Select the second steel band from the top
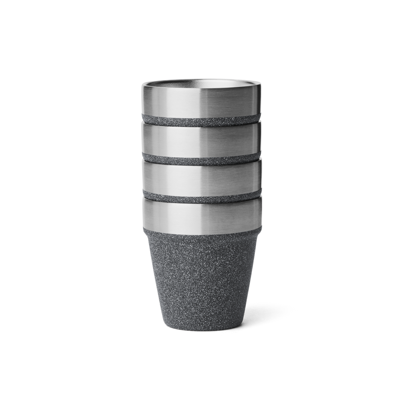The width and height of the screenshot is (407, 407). tap(202, 140)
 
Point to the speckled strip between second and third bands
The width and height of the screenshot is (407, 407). tap(202, 158)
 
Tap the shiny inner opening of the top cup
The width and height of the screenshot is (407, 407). tap(202, 83)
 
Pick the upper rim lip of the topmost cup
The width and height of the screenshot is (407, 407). tap(202, 79)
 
